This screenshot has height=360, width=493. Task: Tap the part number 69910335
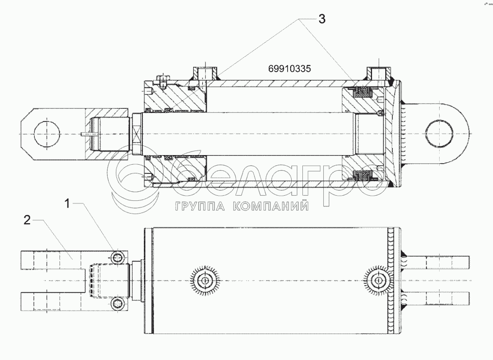[x=290, y=69]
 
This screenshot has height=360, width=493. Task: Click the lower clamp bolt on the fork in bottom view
[x=118, y=304]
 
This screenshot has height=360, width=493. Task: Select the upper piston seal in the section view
[x=362, y=93]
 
